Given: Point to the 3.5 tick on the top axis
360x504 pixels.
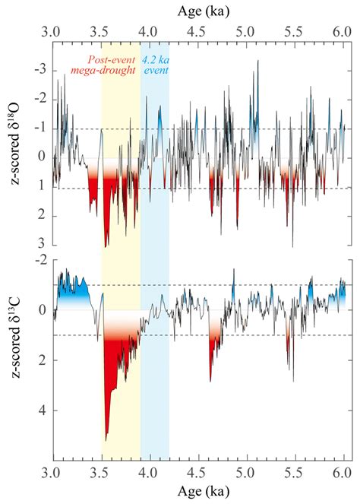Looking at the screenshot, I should pyautogui.click(x=101, y=33).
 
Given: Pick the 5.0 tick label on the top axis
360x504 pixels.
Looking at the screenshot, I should pyautogui.click(x=246, y=33).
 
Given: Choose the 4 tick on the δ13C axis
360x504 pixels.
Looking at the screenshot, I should pyautogui.click(x=43, y=410).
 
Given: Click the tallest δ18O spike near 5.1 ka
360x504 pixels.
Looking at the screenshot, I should pyautogui.click(x=258, y=62).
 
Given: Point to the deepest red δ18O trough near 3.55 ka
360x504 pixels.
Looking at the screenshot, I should pyautogui.click(x=106, y=245).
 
